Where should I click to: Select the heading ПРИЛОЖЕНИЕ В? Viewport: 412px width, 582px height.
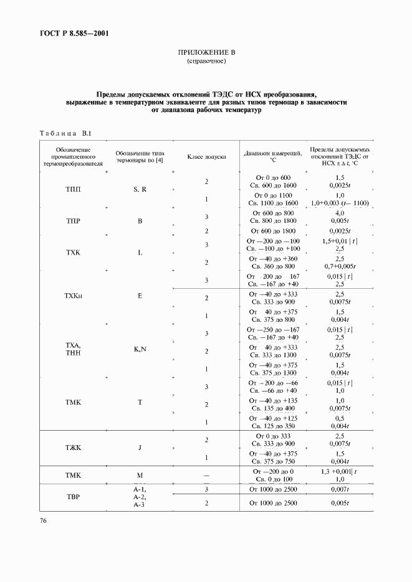[x=205, y=53]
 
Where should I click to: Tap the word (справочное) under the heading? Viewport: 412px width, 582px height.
[x=206, y=62]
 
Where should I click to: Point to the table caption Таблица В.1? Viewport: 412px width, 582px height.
[x=65, y=133]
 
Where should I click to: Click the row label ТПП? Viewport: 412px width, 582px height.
[x=73, y=189]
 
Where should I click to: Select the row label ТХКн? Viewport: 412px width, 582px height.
[x=73, y=296]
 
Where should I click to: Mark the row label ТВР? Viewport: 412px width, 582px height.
[x=73, y=497]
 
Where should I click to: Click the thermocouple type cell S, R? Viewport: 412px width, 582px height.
[x=140, y=189]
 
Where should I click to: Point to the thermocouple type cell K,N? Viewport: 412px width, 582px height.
[x=140, y=349]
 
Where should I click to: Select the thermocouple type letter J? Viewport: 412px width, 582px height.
[x=140, y=448]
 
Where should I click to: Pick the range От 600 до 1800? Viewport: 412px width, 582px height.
[x=272, y=232]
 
